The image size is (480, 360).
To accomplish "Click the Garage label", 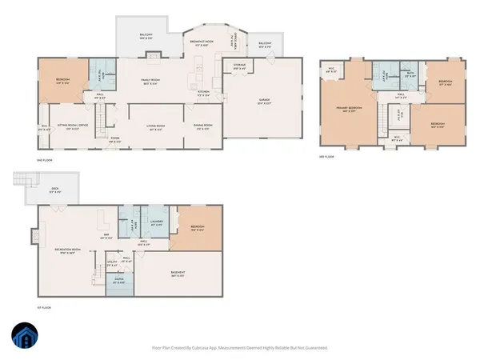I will tap(262, 100).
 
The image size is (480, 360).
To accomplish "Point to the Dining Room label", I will tap(203, 125).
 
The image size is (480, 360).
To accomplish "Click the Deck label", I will tap(47, 190).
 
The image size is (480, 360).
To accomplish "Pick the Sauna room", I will tap(120, 282).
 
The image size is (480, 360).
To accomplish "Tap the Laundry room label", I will tap(158, 223).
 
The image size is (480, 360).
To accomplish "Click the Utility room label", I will tap(114, 262).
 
